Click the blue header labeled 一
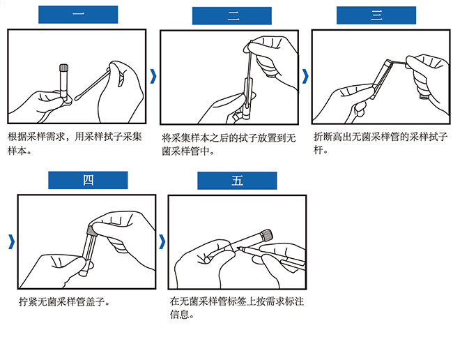point(78,15)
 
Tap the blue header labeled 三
point(377,15)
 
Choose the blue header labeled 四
point(89,181)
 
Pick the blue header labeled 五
point(238,181)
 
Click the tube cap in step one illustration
point(63,69)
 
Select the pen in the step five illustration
point(275,256)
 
